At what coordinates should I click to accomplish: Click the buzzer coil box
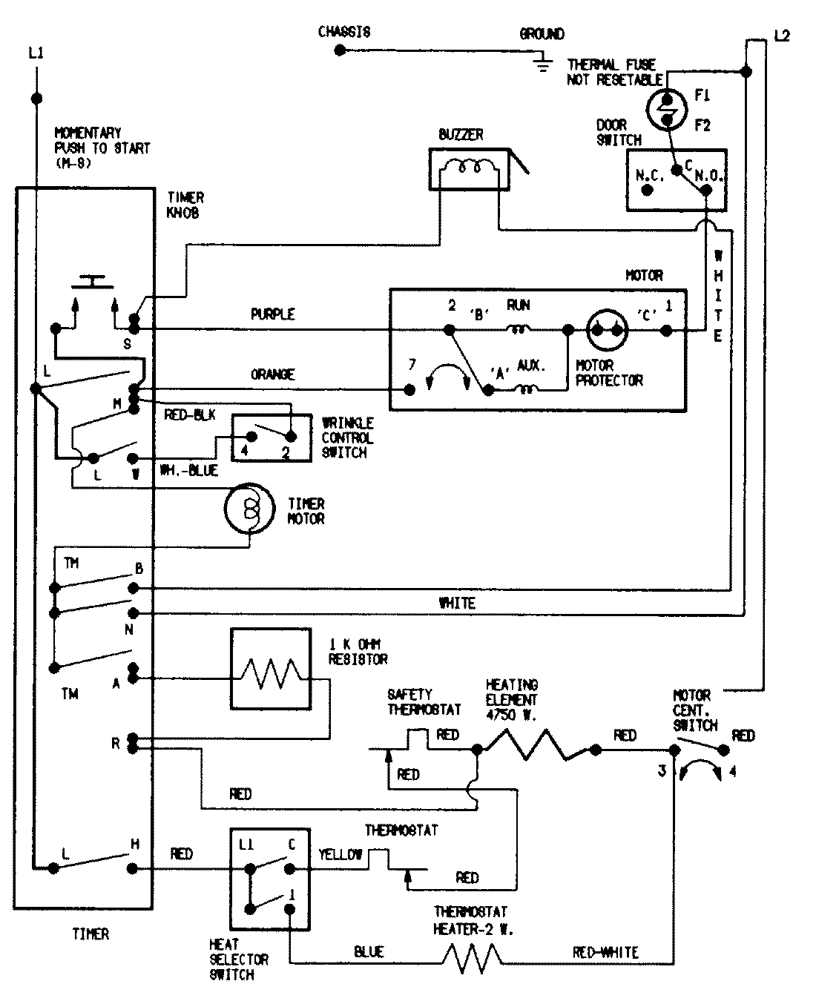(x=469, y=169)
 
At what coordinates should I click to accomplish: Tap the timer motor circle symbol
(x=250, y=509)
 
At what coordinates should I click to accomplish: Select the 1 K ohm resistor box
(x=270, y=669)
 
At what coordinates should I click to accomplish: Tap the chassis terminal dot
(x=340, y=50)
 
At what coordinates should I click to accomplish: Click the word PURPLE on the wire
(x=272, y=314)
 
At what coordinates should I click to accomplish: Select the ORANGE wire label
(x=272, y=374)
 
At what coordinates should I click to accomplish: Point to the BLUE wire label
(x=369, y=952)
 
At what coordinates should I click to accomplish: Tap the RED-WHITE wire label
(x=605, y=952)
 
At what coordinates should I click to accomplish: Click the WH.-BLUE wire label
(x=189, y=471)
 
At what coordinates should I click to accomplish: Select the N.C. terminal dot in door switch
(x=647, y=190)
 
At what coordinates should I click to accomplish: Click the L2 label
(x=781, y=35)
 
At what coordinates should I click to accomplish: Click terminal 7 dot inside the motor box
(x=409, y=389)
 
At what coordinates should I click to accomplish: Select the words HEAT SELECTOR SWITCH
(x=238, y=959)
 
